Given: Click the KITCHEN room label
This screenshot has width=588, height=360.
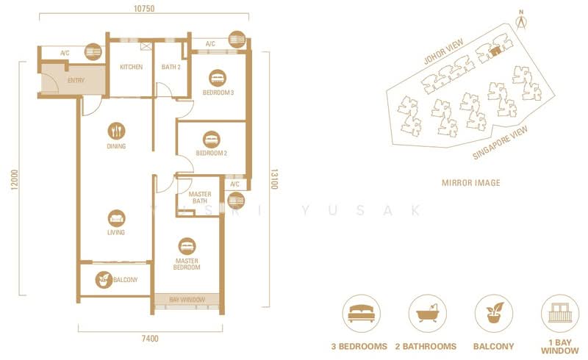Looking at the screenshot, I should click(131, 68).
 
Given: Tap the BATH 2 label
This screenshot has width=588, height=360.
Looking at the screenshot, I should click(171, 68).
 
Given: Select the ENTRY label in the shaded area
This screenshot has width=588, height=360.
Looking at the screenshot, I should click(75, 80).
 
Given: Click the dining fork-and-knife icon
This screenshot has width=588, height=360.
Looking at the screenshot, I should click(116, 132).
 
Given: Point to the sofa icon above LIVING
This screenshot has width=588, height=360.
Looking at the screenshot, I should click(116, 218).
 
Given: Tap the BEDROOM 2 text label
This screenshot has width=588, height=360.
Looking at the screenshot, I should click(211, 154).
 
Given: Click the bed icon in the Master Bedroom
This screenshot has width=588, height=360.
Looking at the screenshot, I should click(187, 245).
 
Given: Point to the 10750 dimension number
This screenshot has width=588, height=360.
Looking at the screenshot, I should click(144, 10).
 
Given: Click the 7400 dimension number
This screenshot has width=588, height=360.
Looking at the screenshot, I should click(150, 339).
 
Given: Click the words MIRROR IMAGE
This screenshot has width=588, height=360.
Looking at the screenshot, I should click(470, 182).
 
